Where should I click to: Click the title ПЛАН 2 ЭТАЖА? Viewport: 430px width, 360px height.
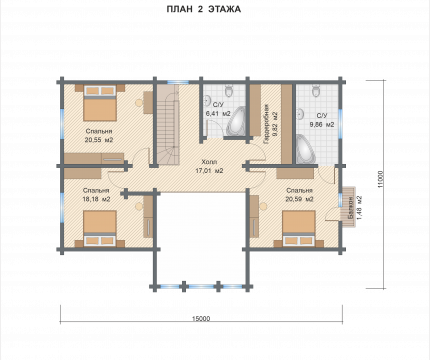pyautogui.click(x=203, y=9)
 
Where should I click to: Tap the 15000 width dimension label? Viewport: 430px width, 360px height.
pyautogui.click(x=201, y=318)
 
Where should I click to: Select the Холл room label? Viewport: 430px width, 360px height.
pyautogui.click(x=209, y=162)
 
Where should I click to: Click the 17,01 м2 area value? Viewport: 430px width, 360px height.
pyautogui.click(x=209, y=171)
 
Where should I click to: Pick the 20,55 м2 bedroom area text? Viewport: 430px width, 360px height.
pyautogui.click(x=99, y=140)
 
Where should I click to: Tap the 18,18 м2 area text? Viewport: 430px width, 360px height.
pyautogui.click(x=96, y=199)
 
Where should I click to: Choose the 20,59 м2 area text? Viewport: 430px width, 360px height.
pyautogui.click(x=299, y=199)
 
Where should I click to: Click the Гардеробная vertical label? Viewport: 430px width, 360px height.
pyautogui.click(x=266, y=124)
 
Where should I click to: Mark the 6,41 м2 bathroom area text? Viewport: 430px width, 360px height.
pyautogui.click(x=218, y=114)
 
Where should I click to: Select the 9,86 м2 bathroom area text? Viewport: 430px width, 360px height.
pyautogui.click(x=322, y=125)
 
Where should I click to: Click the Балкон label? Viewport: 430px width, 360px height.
pyautogui.click(x=350, y=207)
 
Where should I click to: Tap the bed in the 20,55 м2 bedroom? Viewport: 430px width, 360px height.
pyautogui.click(x=100, y=103)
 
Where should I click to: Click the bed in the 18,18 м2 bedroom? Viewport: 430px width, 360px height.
pyautogui.click(x=100, y=229)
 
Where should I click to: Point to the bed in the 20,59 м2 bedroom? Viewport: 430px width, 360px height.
pyautogui.click(x=299, y=229)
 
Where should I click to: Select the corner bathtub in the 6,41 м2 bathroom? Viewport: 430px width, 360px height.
pyautogui.click(x=236, y=122)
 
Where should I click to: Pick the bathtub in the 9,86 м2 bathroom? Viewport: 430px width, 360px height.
pyautogui.click(x=306, y=149)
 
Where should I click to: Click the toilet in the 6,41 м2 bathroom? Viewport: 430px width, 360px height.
pyautogui.click(x=229, y=90)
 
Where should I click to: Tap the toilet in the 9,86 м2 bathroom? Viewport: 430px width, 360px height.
pyautogui.click(x=316, y=90)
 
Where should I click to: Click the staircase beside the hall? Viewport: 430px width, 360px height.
pyautogui.click(x=168, y=125)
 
